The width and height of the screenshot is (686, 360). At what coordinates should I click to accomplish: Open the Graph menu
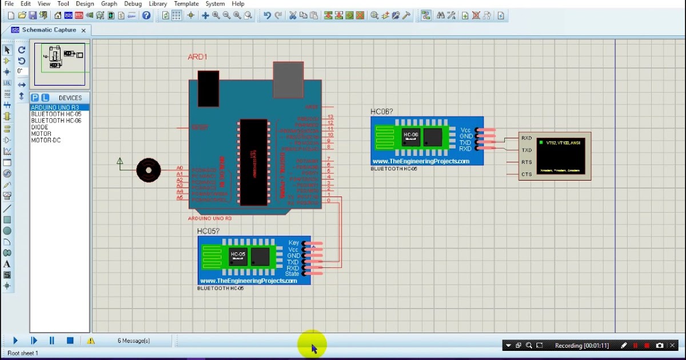(109, 4)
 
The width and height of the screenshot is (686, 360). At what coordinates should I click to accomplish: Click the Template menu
(186, 4)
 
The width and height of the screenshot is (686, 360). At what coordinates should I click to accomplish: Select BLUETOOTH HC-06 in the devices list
(56, 121)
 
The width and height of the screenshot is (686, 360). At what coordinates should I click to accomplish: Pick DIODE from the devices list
(39, 127)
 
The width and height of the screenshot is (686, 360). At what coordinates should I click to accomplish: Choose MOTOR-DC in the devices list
(46, 141)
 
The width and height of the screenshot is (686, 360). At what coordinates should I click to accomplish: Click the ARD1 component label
(197, 57)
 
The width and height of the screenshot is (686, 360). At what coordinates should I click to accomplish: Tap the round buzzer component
(149, 170)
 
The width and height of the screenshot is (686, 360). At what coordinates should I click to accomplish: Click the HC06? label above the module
(381, 112)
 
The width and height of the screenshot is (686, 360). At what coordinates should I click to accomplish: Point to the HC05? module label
(208, 231)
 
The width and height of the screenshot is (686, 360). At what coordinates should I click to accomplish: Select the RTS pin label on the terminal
(526, 162)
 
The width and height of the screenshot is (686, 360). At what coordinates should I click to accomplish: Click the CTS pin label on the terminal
(526, 174)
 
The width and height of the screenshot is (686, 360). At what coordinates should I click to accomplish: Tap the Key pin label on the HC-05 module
(294, 243)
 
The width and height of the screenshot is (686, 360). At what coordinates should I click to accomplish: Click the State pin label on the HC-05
(292, 274)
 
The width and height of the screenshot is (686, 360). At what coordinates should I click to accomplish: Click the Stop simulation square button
(70, 341)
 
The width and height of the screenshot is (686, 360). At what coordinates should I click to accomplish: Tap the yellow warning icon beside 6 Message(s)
(91, 341)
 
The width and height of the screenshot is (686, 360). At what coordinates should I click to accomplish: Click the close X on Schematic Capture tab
(83, 30)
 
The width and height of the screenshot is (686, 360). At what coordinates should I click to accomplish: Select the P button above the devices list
(35, 98)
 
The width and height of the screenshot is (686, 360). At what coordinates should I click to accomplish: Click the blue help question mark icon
(146, 15)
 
